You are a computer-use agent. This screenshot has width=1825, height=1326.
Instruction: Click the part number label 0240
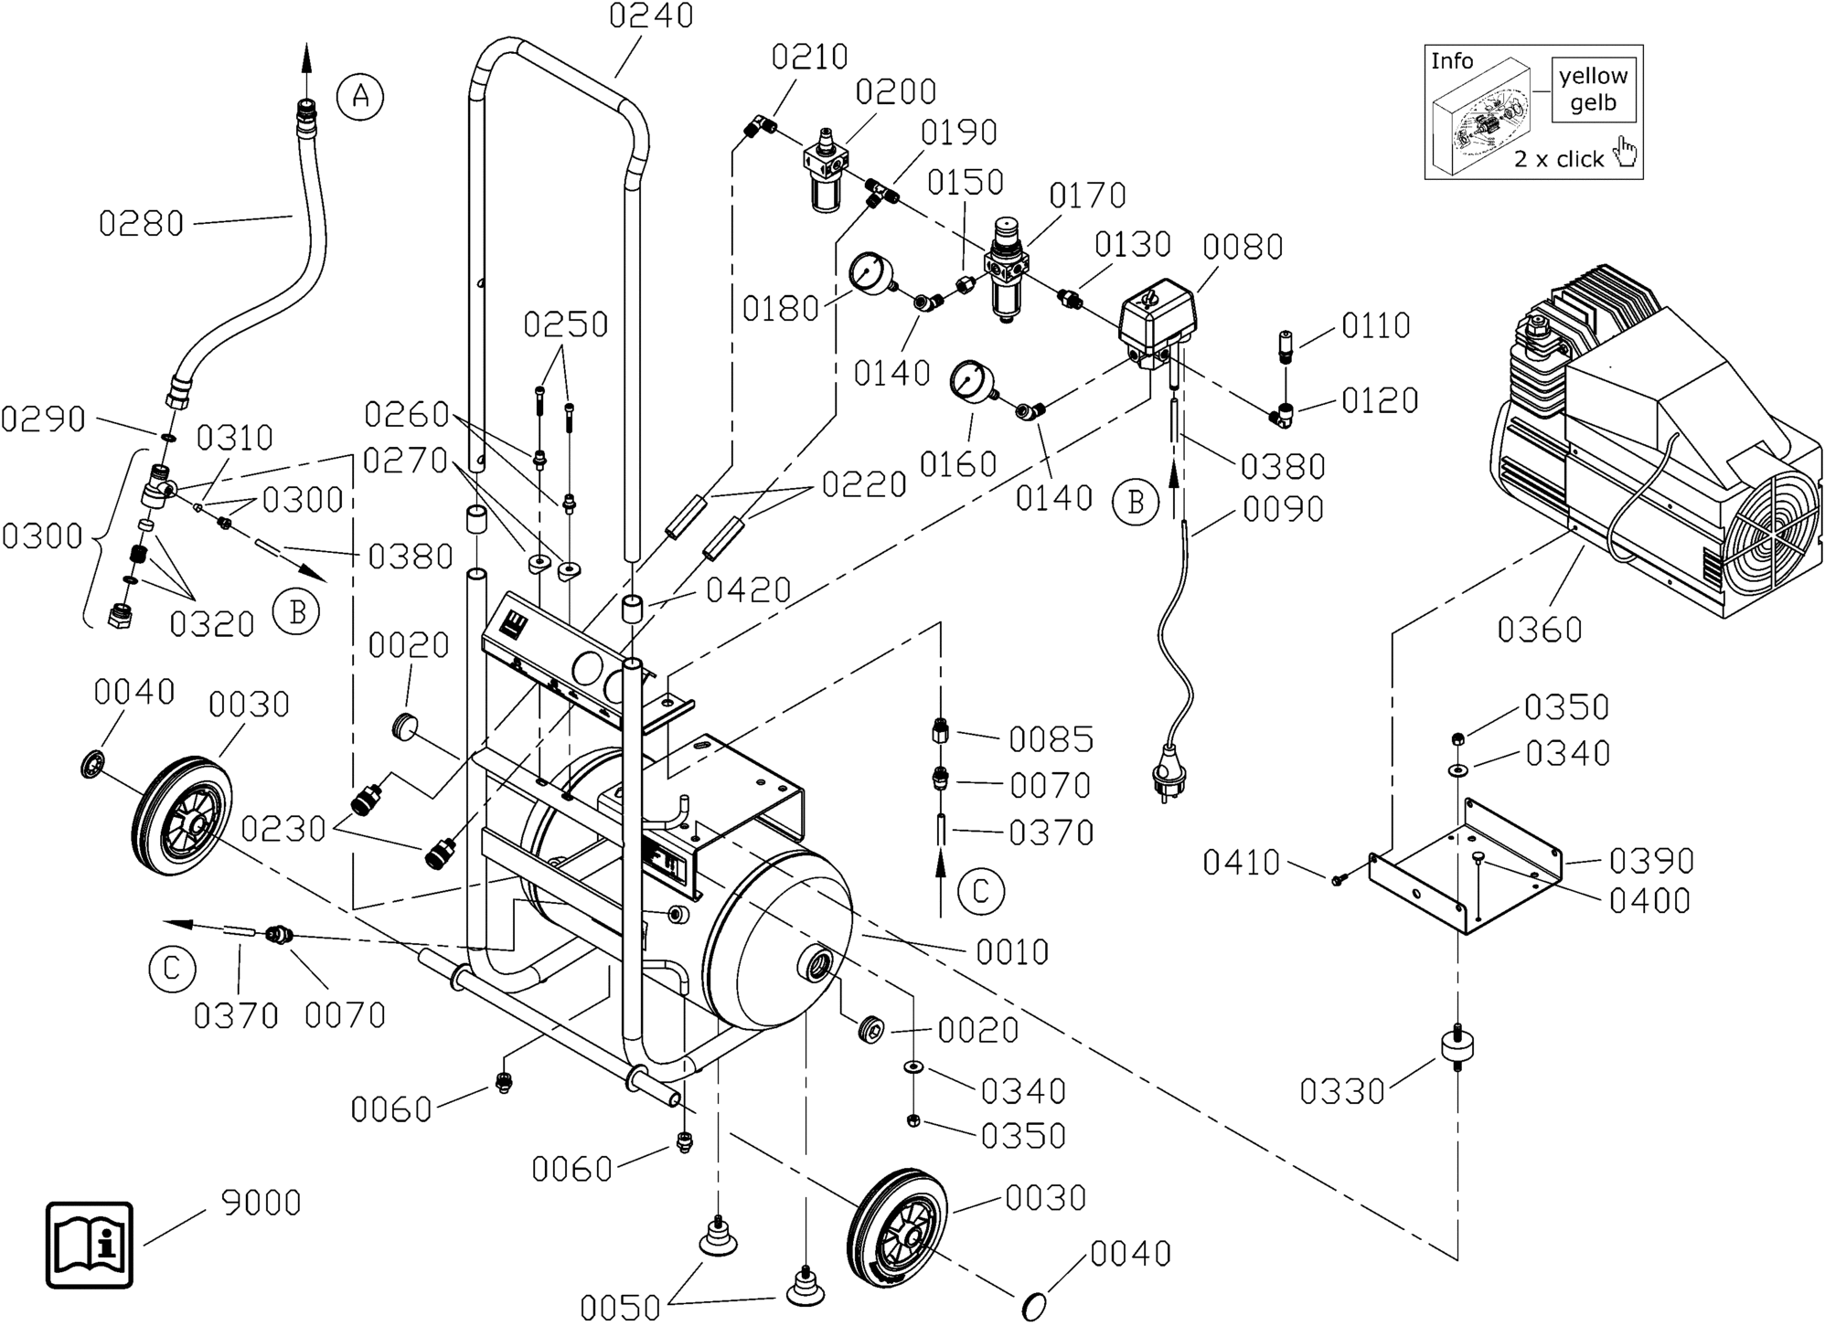coord(652,16)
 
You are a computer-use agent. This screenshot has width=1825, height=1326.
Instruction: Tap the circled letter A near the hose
coord(360,96)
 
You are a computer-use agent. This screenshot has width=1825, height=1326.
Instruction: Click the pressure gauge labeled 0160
coord(969,382)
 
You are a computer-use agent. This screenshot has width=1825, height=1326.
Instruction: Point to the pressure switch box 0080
coord(1158,320)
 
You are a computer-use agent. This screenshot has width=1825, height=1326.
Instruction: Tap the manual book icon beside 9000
coord(90,1245)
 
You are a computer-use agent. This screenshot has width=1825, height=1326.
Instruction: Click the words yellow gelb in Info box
coord(1593,90)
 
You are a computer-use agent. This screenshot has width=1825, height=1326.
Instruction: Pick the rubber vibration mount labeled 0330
coord(1457,1045)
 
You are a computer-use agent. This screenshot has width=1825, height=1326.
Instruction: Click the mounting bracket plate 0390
coord(1463,868)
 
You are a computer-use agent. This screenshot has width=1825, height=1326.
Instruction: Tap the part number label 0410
coord(1241,863)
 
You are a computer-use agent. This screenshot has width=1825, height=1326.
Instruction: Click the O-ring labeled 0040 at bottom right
coord(1033,1306)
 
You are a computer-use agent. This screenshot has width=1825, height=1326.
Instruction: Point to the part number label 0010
coord(1011,952)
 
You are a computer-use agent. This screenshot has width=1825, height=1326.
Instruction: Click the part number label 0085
coord(1051,739)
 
